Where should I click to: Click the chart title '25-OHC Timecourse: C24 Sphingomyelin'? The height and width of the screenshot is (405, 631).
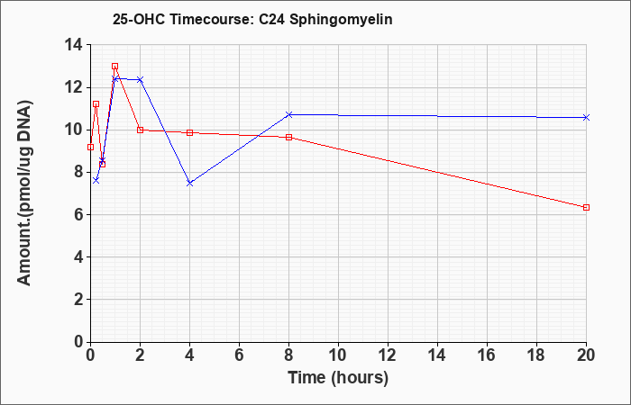point(252,19)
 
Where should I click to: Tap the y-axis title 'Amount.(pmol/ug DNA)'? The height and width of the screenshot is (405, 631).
point(25,193)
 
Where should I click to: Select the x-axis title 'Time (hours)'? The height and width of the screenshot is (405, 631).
point(338,378)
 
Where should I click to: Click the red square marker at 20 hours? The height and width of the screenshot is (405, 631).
point(586,207)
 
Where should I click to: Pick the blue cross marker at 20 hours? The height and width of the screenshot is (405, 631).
point(586,117)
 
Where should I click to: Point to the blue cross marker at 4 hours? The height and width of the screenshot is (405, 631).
point(190,184)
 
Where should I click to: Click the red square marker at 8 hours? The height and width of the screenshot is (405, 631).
point(289,138)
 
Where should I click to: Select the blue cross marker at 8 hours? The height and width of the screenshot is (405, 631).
point(289,115)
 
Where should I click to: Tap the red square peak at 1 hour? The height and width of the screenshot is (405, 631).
point(115,66)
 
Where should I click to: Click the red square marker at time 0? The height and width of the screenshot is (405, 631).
point(90,147)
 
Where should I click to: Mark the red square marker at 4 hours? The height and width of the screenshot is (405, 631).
point(190,132)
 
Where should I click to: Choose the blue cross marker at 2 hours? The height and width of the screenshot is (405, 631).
point(140,79)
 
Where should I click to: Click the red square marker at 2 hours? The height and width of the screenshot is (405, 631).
point(140,130)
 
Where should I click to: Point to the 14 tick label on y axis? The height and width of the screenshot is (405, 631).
point(74,45)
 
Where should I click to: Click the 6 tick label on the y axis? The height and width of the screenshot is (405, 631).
point(78,214)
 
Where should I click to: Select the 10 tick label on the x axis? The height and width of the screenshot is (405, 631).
point(338,355)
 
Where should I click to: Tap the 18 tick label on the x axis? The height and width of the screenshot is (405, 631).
point(537,355)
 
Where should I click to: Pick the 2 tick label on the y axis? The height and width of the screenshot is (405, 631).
point(78,300)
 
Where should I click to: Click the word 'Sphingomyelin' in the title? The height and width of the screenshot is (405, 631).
point(341,20)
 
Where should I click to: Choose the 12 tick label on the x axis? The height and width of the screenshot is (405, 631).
point(388,355)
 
